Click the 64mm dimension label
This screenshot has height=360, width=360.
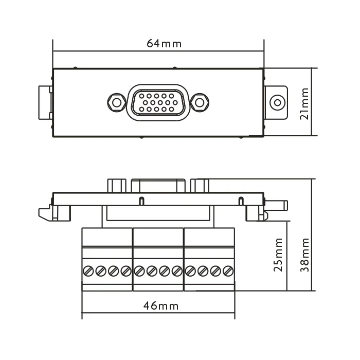tap(164, 43)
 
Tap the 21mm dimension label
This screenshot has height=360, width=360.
tap(304, 103)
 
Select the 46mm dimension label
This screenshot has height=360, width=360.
tap(161, 306)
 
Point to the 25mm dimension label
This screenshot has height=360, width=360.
tap(278, 255)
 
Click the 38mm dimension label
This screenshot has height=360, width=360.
tap(304, 255)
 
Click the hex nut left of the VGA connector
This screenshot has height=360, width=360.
tap(117, 103)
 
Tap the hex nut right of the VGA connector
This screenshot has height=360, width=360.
tap(200, 103)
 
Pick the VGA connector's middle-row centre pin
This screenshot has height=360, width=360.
tap(160, 103)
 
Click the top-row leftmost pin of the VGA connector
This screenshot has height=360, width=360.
tap(141, 96)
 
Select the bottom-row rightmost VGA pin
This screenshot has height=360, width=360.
tap(171, 109)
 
